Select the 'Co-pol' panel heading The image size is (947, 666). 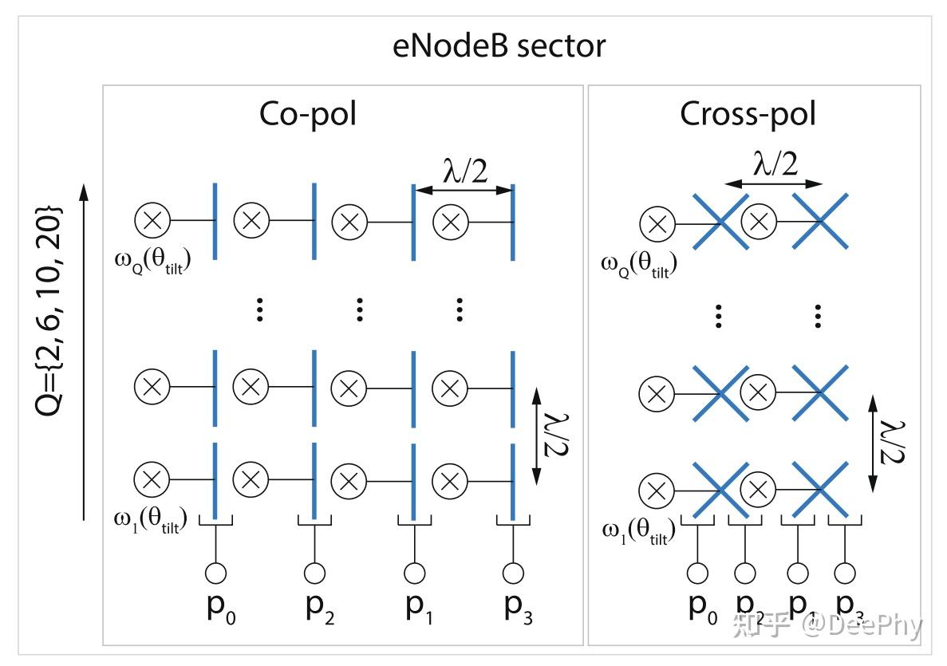click(308, 115)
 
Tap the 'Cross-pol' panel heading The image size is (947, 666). click(748, 115)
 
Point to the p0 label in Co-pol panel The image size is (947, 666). click(218, 609)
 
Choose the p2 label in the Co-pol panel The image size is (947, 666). click(316, 609)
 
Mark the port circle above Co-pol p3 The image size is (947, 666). click(513, 572)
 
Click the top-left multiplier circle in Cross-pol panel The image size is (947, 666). click(657, 224)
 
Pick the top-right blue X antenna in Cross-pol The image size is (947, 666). click(819, 222)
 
